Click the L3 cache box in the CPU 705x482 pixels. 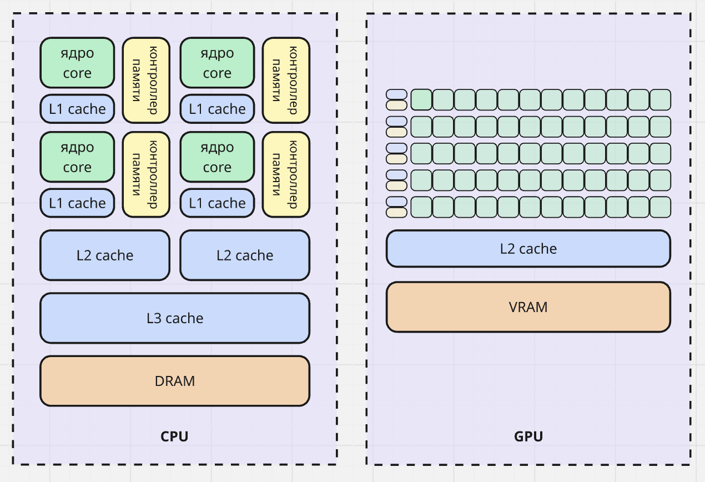(x=174, y=318)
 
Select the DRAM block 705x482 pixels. (x=174, y=381)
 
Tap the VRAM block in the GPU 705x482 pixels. (x=528, y=307)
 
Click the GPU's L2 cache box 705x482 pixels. (x=528, y=249)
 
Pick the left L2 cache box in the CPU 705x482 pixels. (x=105, y=255)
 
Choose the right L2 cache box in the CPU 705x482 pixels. (x=245, y=255)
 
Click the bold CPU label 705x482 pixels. (x=174, y=436)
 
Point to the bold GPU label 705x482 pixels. (x=528, y=436)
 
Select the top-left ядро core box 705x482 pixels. (x=77, y=63)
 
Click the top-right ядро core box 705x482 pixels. (x=217, y=63)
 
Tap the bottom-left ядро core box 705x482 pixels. (x=77, y=157)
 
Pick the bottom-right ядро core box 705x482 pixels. (x=217, y=157)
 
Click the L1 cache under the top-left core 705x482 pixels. (x=77, y=109)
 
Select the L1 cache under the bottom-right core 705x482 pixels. (x=217, y=203)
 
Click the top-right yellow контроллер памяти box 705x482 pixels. (x=286, y=80)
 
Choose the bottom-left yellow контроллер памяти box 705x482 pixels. (x=146, y=174)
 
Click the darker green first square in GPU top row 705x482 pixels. (x=421, y=99)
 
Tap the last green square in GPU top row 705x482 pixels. (x=660, y=99)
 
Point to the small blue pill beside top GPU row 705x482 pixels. (x=396, y=94)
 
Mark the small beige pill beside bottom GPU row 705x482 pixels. (x=396, y=212)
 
